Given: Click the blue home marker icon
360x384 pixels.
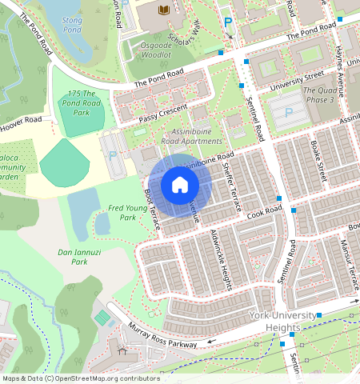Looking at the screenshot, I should [180, 186].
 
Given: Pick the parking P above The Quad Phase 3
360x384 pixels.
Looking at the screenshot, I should [287, 113].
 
